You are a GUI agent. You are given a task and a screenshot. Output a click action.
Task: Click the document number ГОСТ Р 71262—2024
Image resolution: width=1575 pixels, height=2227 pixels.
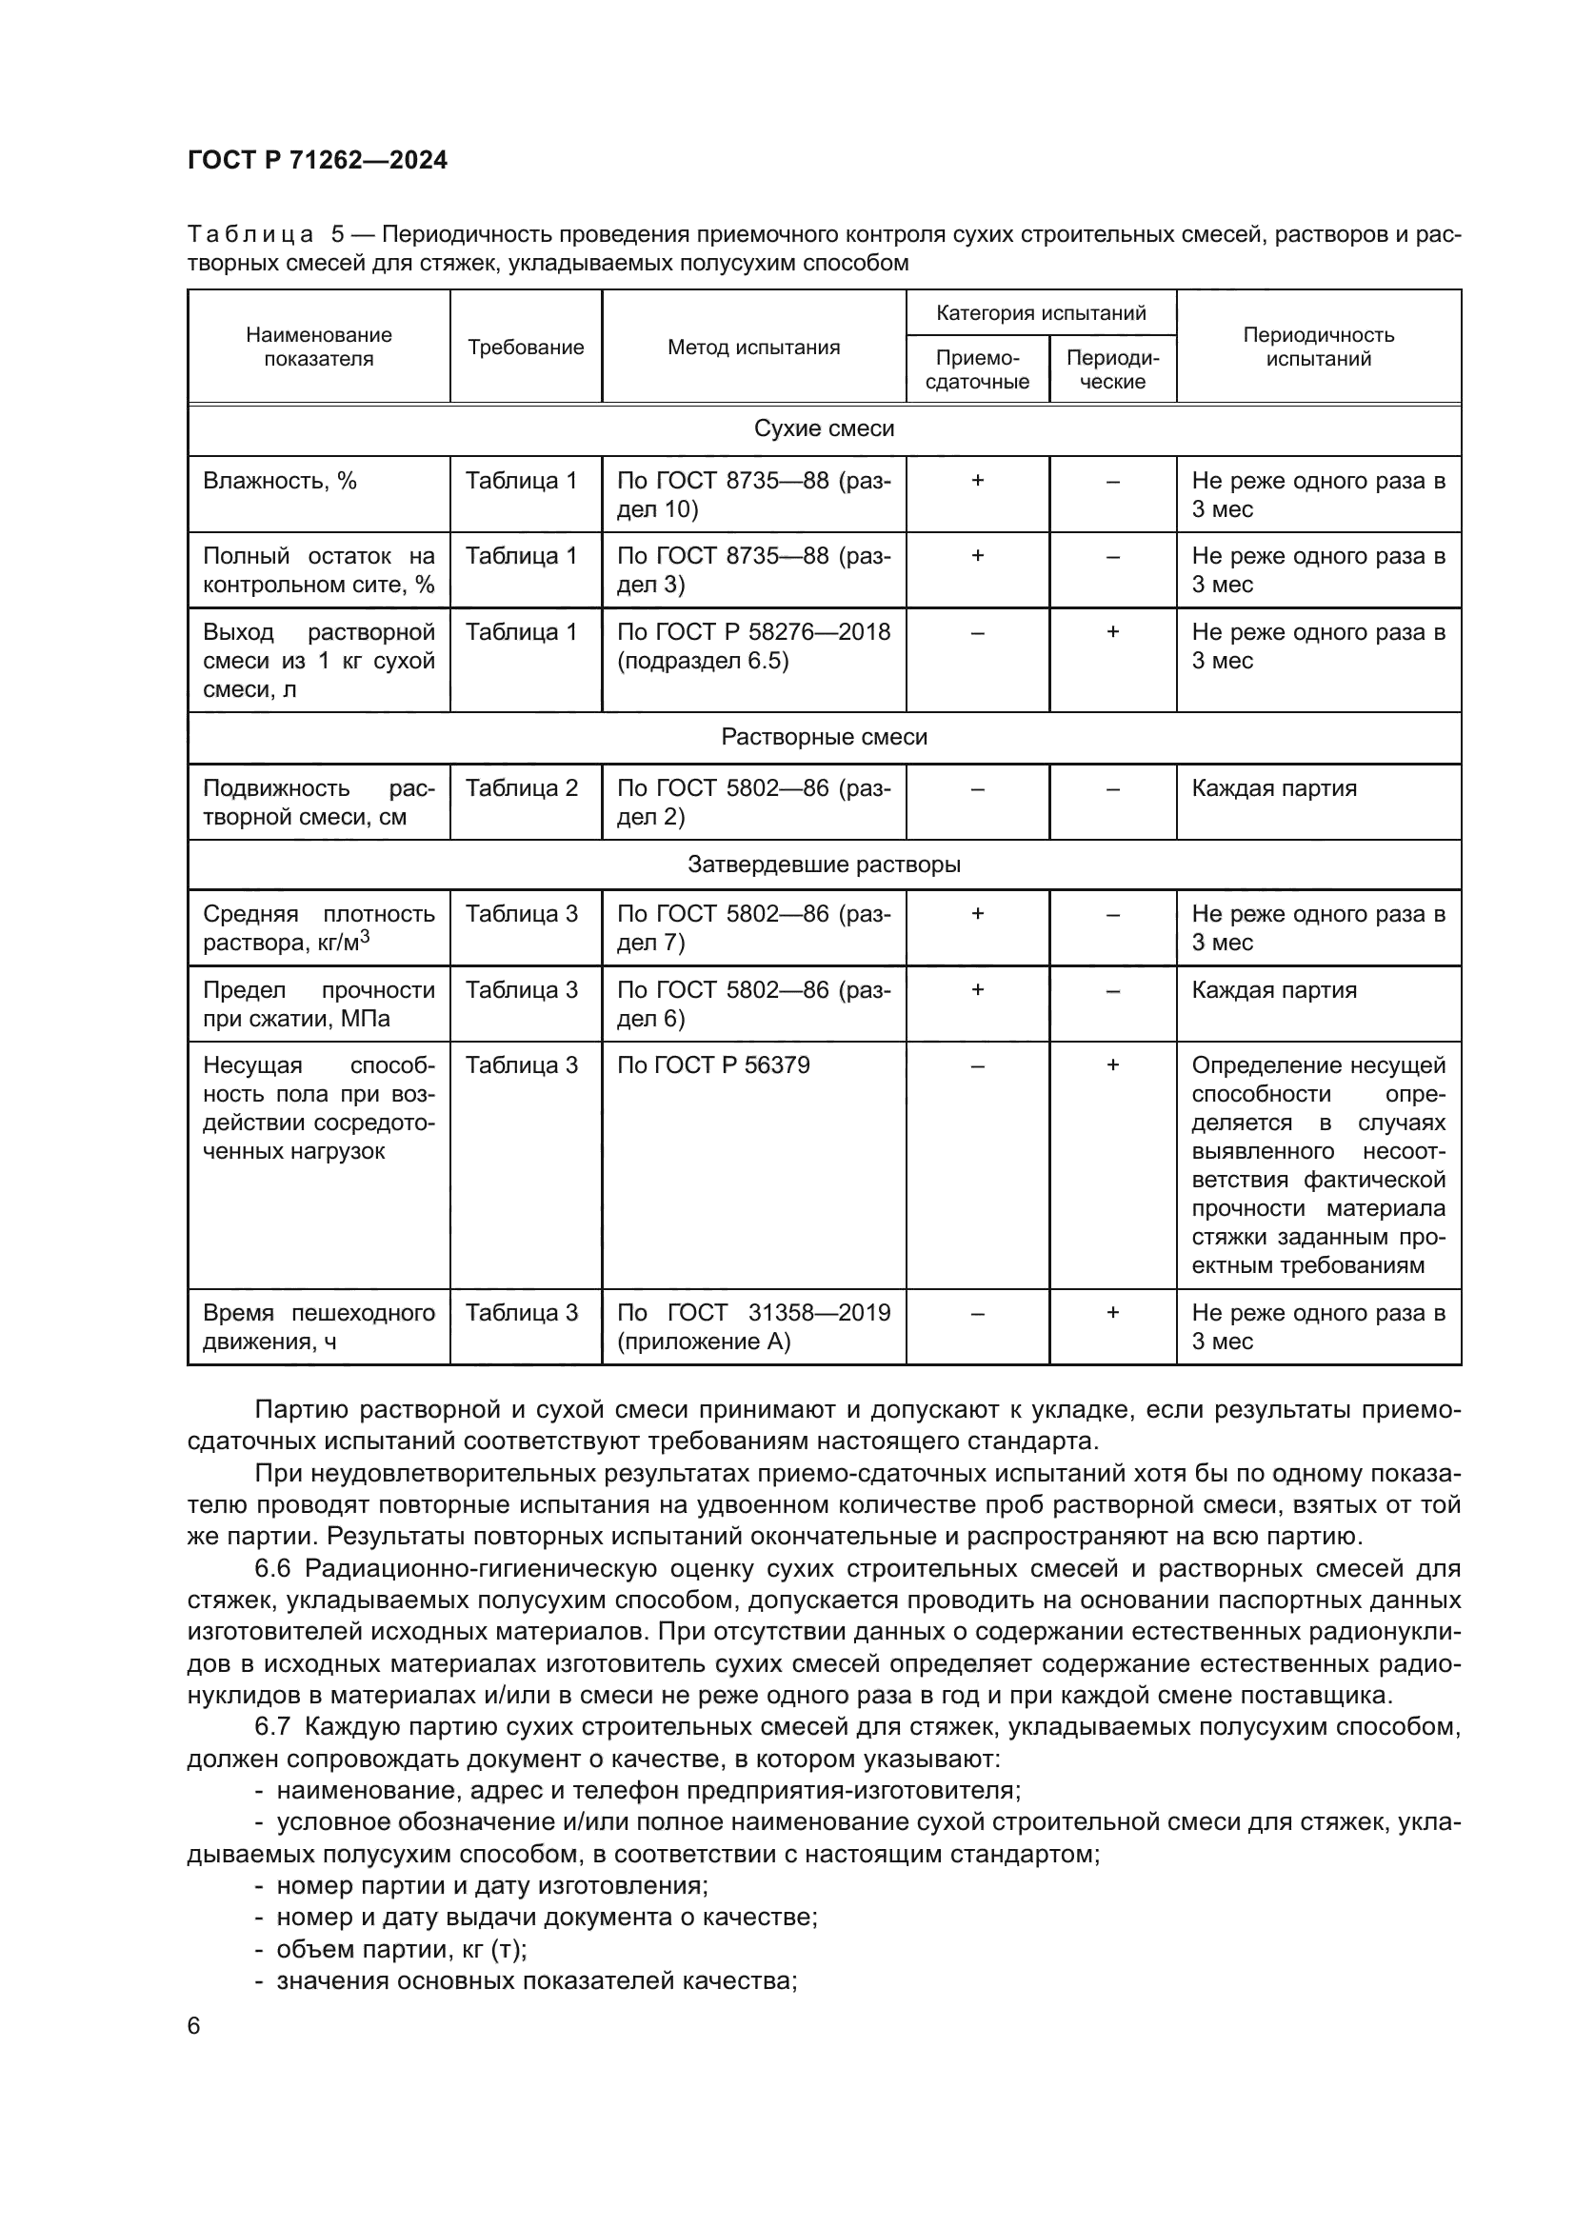coord(317,160)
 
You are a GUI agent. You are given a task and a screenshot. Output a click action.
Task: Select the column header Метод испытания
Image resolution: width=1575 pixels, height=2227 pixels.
coord(753,348)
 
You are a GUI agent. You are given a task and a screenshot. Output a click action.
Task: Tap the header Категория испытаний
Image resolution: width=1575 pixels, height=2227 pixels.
coord(1041,313)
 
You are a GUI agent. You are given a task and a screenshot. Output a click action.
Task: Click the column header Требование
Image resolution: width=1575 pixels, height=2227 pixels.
coord(526,348)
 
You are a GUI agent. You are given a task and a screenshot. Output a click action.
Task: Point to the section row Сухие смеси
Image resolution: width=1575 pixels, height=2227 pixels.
coord(824,428)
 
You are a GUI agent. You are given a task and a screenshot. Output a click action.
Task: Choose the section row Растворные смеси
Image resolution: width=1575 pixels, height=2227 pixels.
coord(824,737)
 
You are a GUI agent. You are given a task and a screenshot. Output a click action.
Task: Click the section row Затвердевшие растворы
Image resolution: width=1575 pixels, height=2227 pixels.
coord(824,865)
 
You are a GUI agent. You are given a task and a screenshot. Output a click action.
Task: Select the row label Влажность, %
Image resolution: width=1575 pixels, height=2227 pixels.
coord(280,481)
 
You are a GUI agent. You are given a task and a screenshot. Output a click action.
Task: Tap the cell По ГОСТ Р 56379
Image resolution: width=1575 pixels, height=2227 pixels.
coord(713,1065)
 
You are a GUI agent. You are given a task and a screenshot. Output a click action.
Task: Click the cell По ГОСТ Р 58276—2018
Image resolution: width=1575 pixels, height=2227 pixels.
coord(753,646)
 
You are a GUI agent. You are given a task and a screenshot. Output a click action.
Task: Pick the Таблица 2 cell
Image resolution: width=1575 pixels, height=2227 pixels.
coord(522,787)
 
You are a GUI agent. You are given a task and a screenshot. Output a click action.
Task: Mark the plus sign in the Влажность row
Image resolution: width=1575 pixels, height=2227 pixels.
coord(978,480)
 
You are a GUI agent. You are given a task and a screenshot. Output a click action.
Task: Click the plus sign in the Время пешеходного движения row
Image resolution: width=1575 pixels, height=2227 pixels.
coord(1112,1312)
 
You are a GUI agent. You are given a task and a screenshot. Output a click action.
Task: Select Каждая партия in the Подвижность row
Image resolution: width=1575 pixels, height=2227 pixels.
coord(1273,787)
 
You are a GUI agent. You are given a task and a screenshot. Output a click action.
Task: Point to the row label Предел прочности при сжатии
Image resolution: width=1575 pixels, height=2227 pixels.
coord(318,1004)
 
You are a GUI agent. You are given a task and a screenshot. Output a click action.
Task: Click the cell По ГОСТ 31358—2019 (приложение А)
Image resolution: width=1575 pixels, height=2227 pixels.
coord(753,1327)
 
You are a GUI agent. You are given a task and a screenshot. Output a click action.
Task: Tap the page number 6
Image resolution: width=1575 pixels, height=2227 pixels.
coord(194,2025)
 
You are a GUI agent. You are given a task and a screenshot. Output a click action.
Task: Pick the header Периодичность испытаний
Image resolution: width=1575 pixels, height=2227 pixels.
coord(1318,348)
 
